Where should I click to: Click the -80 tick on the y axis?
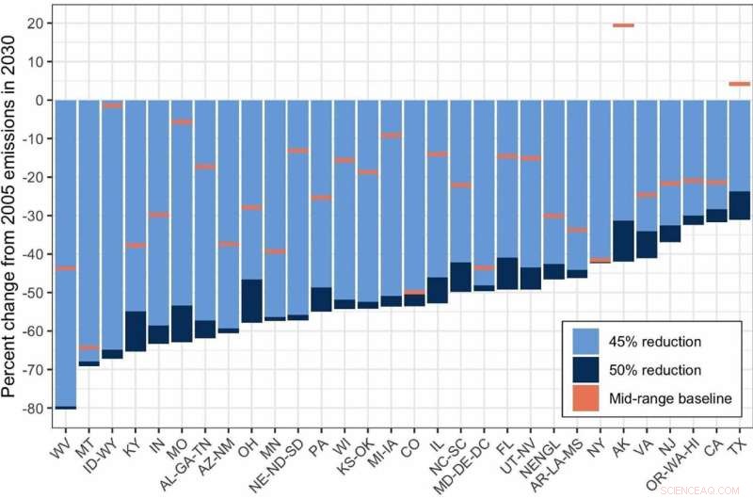[x=35, y=409]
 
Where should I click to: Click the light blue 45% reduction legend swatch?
[x=584, y=341]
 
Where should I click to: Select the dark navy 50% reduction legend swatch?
[x=584, y=370]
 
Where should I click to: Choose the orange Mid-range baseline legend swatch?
[x=584, y=399]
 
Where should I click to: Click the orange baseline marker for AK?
[x=622, y=25]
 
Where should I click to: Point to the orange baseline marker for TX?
[x=739, y=84]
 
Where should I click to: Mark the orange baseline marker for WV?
[x=66, y=268]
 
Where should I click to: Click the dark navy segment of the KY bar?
[x=136, y=331]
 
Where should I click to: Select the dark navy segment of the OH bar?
[x=252, y=301]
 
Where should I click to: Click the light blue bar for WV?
[x=66, y=188]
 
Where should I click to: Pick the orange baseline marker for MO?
[x=182, y=121]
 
